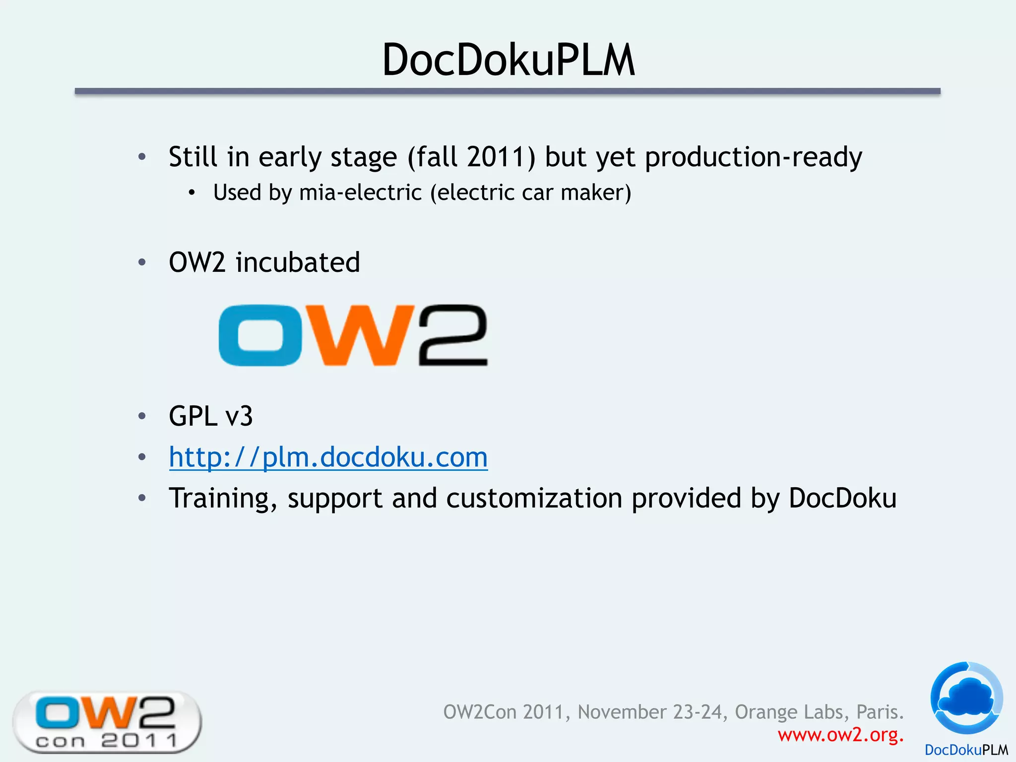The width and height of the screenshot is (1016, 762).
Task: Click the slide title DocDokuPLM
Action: pos(508,60)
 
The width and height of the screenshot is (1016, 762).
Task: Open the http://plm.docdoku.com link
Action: pos(328,457)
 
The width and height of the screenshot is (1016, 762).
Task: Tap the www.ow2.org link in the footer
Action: pos(840,735)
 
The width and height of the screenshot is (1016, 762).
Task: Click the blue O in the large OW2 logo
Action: pos(260,336)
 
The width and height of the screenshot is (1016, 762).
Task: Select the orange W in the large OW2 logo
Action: pos(359,336)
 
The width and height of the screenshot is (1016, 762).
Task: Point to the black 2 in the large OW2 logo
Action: pos(453,336)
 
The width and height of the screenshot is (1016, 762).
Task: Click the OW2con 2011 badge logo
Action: pos(107,722)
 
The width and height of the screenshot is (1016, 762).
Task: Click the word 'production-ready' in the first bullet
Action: pos(753,157)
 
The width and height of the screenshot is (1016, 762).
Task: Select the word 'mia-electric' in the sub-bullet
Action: pos(360,192)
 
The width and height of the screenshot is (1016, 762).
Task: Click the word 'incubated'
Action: pos(298,262)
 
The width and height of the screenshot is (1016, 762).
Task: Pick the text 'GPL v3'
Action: pos(211,416)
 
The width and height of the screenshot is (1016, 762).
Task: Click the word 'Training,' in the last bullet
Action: pos(223,498)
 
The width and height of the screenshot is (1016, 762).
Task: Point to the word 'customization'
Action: pos(534,498)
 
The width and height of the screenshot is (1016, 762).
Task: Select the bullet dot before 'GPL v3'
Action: pos(142,416)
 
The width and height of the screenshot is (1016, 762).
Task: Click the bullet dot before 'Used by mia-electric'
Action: pos(192,193)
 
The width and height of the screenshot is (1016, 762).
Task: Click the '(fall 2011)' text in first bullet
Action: pos(471,157)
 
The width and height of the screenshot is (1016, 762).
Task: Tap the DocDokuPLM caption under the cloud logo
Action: pos(966,750)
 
